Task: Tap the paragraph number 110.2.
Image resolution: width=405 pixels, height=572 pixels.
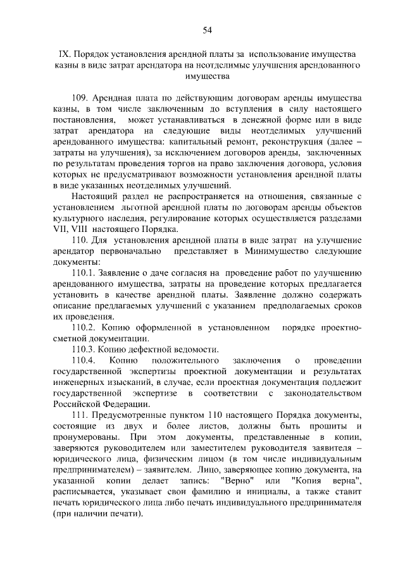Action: click(85, 327)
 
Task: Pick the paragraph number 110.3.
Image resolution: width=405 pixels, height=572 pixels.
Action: click(85, 349)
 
